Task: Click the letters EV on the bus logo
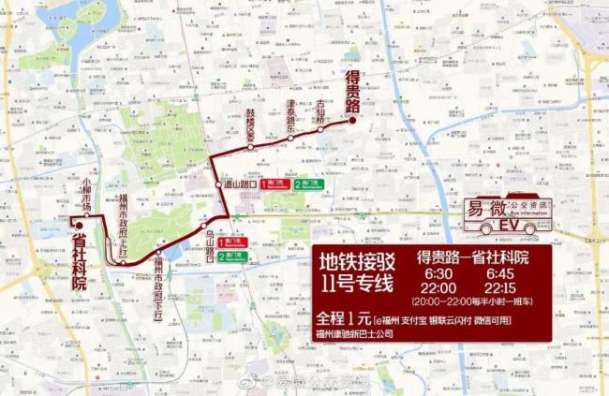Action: pyautogui.click(x=509, y=226)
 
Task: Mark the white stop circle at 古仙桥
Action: pyautogui.click(x=320, y=129)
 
